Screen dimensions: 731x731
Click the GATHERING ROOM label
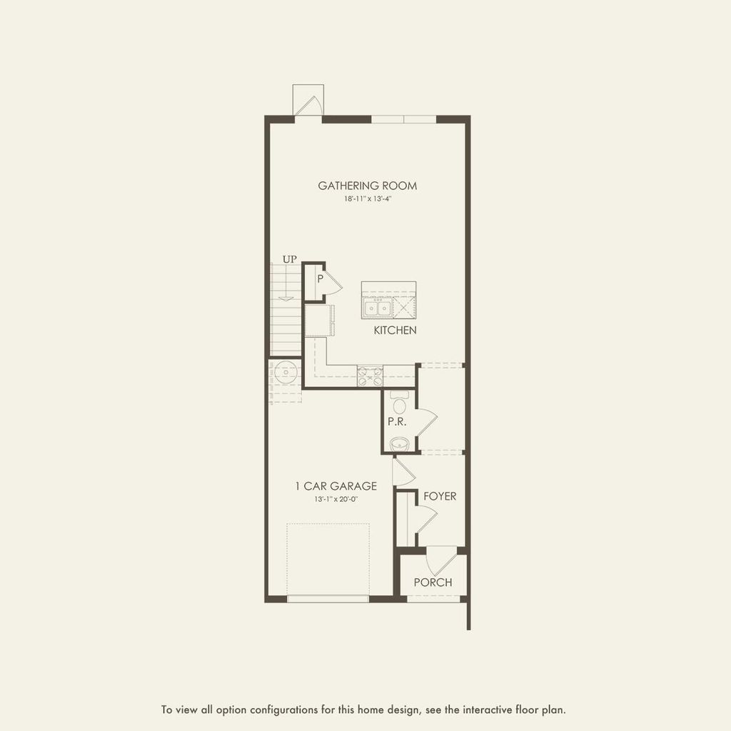367,186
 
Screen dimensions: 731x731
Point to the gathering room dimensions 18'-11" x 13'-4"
367,200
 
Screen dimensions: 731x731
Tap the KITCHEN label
395,331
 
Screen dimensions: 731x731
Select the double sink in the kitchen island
378,308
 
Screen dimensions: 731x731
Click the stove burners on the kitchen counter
370,375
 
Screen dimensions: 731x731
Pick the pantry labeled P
320,279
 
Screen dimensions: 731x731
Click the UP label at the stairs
289,259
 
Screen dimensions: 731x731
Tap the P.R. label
397,421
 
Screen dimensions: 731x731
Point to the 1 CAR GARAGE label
336,486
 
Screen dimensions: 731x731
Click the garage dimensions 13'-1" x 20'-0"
336,499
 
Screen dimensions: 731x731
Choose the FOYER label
439,496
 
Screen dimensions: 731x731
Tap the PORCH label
433,583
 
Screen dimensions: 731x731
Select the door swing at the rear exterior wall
308,104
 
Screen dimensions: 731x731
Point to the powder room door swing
425,420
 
